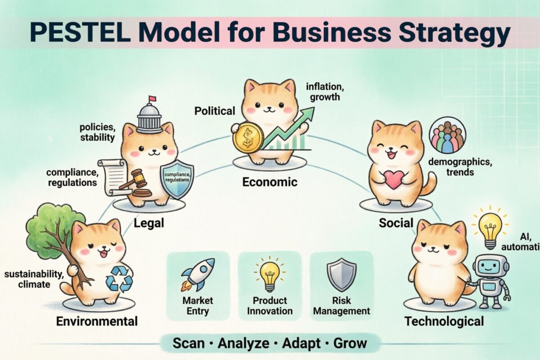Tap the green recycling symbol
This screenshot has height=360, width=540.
pyautogui.click(x=119, y=279)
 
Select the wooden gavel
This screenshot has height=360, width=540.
pyautogui.click(x=135, y=182)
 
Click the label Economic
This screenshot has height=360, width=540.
pyautogui.click(x=270, y=182)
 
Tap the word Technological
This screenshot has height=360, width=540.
pyautogui.click(x=444, y=321)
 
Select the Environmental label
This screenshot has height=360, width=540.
pyautogui.click(x=97, y=321)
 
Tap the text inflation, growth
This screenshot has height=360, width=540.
pyautogui.click(x=323, y=91)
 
